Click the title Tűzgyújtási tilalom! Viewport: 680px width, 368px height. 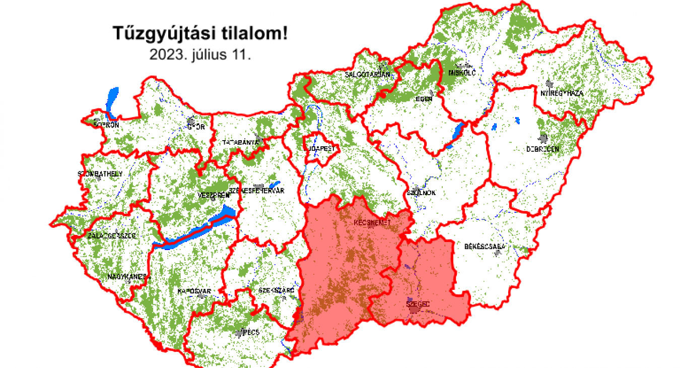point(200,34)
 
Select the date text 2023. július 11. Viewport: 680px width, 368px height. point(200,55)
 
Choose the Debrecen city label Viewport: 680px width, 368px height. point(542,149)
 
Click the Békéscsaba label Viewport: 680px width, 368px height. point(487,247)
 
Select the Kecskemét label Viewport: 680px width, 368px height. point(372,222)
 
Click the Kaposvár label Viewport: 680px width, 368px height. point(194,291)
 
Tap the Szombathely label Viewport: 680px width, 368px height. point(100,174)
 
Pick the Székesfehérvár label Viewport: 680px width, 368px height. point(257,191)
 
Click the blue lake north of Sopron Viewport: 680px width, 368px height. point(112,99)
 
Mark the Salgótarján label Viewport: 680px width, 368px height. point(368,75)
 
